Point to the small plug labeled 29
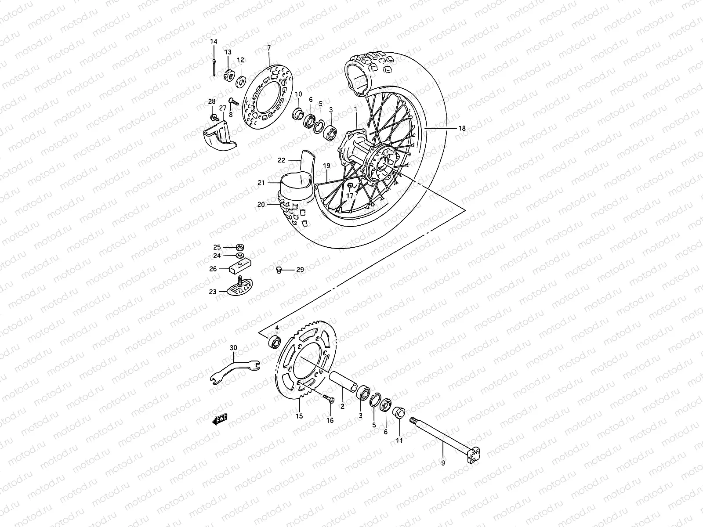[x=278, y=270]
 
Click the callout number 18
[x=461, y=129]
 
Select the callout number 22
[x=282, y=160]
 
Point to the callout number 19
[x=326, y=166]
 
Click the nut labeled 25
[x=241, y=246]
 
